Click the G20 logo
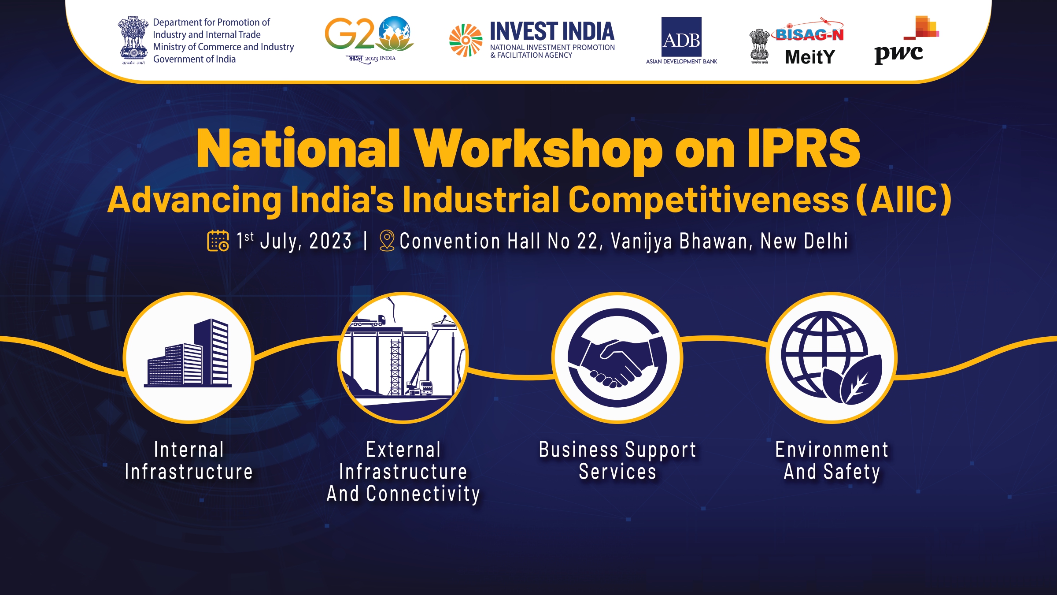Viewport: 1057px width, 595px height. tap(369, 40)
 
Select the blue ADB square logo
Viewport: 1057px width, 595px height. tap(681, 37)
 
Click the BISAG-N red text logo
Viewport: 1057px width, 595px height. tap(809, 32)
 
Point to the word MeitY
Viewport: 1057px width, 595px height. tap(810, 57)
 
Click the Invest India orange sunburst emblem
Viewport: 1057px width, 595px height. tap(466, 41)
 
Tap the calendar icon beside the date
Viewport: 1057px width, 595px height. tap(218, 241)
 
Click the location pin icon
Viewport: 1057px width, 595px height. tap(387, 241)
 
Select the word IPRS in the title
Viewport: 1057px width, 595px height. tap(804, 149)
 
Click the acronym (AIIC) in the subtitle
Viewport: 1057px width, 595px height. tap(904, 200)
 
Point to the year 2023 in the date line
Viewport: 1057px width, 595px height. tap(330, 241)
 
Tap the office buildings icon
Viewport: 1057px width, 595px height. tap(188, 353)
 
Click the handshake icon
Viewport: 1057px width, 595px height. tap(617, 357)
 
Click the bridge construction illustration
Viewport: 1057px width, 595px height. tap(403, 357)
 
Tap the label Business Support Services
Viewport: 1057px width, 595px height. tap(617, 461)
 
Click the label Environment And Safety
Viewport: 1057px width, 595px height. tap(832, 461)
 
